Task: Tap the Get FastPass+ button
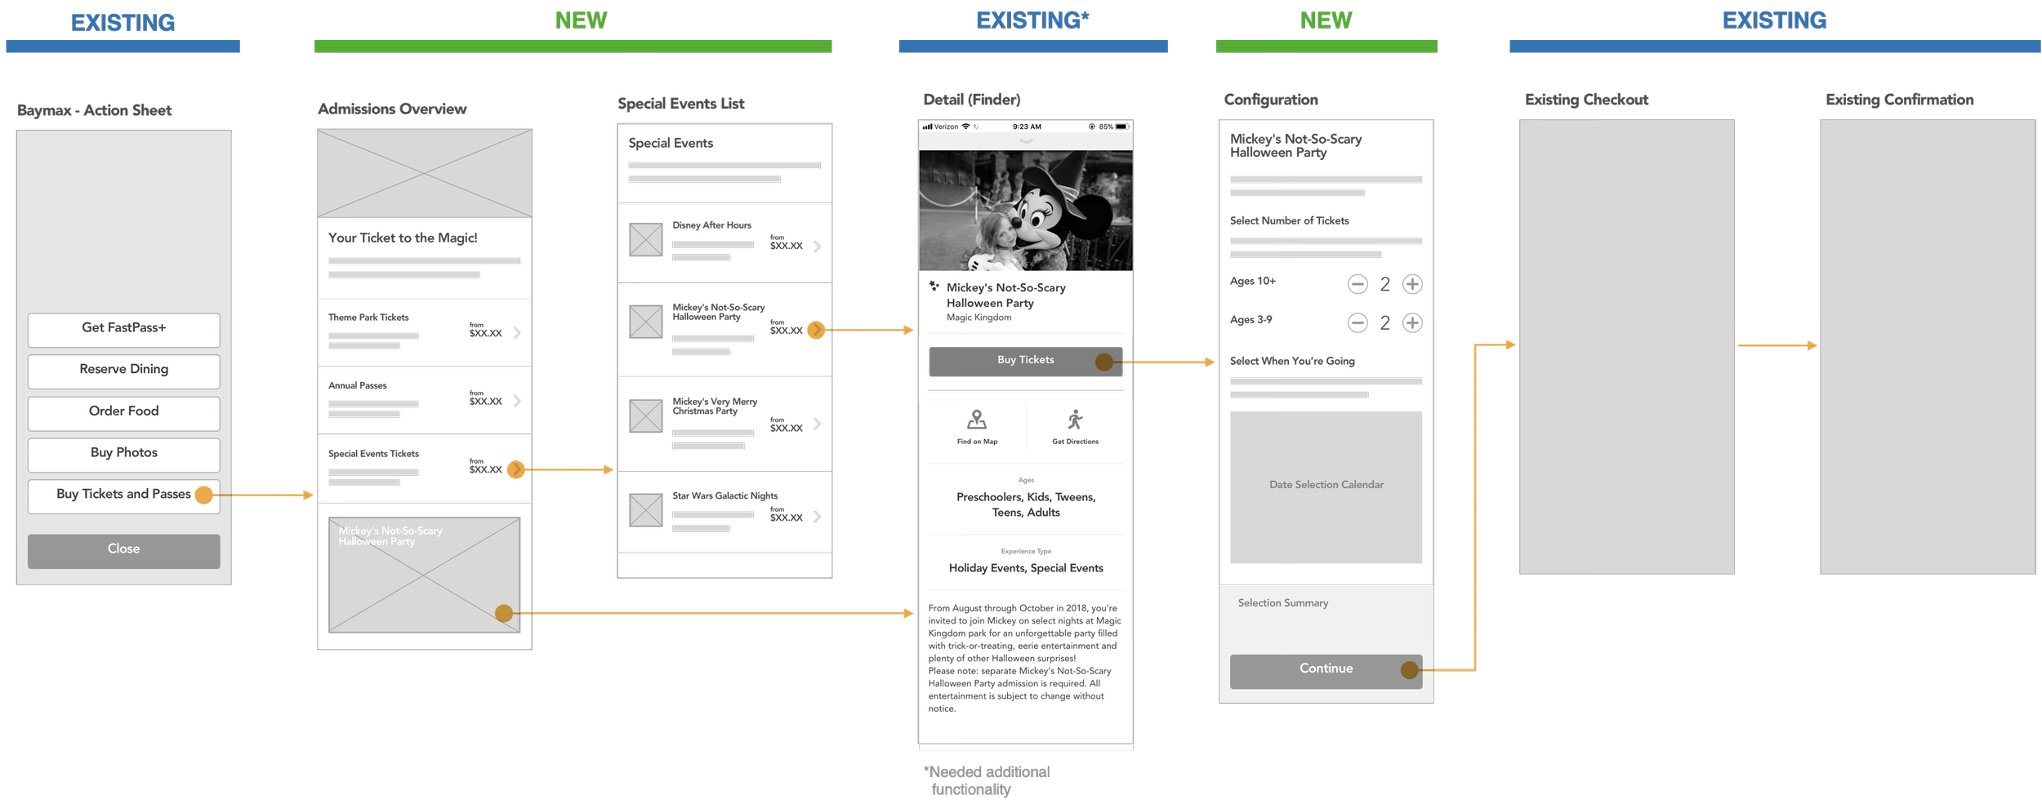123,328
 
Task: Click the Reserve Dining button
123,370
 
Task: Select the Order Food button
123,411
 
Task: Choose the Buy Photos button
123,453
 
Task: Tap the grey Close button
123,549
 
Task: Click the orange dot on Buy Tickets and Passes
204,495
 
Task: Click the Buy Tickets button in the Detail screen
1025,360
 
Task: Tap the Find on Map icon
977,420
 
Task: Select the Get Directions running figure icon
1075,420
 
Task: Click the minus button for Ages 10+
1358,284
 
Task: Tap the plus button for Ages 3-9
1412,323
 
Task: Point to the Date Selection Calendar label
1326,485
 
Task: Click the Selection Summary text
1282,603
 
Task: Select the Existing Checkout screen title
1586,100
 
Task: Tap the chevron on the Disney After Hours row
817,247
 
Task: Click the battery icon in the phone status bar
1121,127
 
